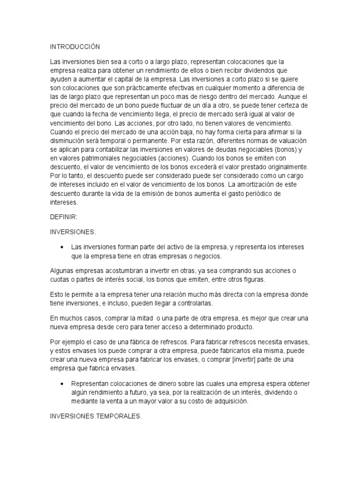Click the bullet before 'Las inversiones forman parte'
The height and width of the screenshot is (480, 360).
[62, 247]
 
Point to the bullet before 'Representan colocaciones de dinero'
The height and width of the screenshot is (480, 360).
[62, 383]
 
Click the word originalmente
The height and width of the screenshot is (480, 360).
[286, 167]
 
